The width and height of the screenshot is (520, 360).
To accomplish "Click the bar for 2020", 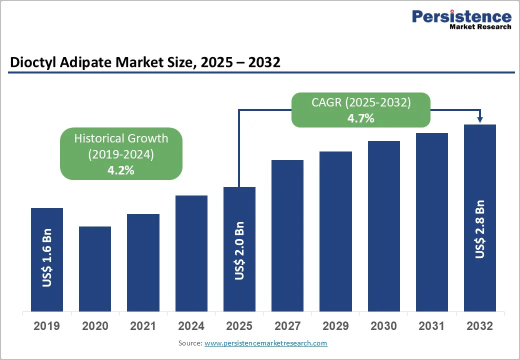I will (x=95, y=268).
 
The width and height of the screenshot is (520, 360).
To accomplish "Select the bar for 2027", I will (x=287, y=235).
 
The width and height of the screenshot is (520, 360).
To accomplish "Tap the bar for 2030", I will (x=384, y=225).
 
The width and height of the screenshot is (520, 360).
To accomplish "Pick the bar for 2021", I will (x=143, y=262).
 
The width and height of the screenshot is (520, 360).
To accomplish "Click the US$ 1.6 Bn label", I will (x=47, y=258).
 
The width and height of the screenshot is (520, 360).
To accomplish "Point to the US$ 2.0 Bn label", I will (x=239, y=250).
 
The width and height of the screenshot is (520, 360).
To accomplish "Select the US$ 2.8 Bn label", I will (x=480, y=229).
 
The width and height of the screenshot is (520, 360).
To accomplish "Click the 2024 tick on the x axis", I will (x=191, y=326).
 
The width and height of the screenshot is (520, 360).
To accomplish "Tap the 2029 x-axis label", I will (x=335, y=326).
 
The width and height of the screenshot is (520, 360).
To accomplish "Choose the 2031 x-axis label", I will (x=431, y=326).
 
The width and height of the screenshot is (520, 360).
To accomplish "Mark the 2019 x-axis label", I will (x=46, y=326).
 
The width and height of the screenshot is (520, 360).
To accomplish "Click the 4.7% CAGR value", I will (x=360, y=118).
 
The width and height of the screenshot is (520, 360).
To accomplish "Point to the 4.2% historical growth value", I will (x=121, y=170).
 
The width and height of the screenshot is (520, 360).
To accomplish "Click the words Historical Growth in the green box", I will (x=121, y=138).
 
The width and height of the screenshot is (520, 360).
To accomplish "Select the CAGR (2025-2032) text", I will (x=360, y=102).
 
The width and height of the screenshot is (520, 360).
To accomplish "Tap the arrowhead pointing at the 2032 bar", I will (x=480, y=119).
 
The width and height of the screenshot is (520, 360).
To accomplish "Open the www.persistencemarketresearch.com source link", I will (x=265, y=343).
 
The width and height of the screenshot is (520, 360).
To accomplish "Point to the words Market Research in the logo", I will (x=480, y=26).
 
